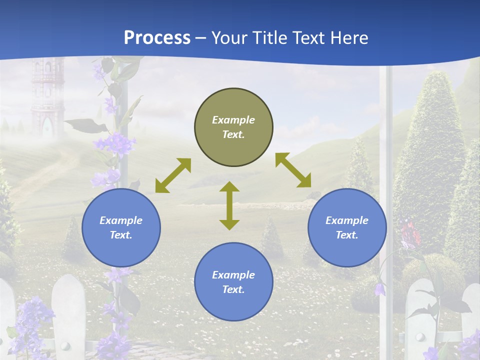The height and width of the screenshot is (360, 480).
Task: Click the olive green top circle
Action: [233, 127]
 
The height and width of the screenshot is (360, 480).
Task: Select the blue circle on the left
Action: [121, 227]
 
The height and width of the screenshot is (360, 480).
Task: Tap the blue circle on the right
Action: [347, 227]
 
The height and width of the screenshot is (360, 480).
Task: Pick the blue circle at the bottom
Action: [233, 281]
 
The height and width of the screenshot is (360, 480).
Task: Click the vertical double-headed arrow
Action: [229, 205]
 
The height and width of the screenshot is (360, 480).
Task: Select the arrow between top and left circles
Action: [173, 175]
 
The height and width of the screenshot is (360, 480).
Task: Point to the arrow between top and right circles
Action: [293, 170]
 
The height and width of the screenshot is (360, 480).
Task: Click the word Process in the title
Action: [157, 37]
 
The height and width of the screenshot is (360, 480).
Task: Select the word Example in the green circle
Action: [233, 120]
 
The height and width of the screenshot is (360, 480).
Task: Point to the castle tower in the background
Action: [46, 92]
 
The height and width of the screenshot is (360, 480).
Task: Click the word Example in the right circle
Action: [347, 220]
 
